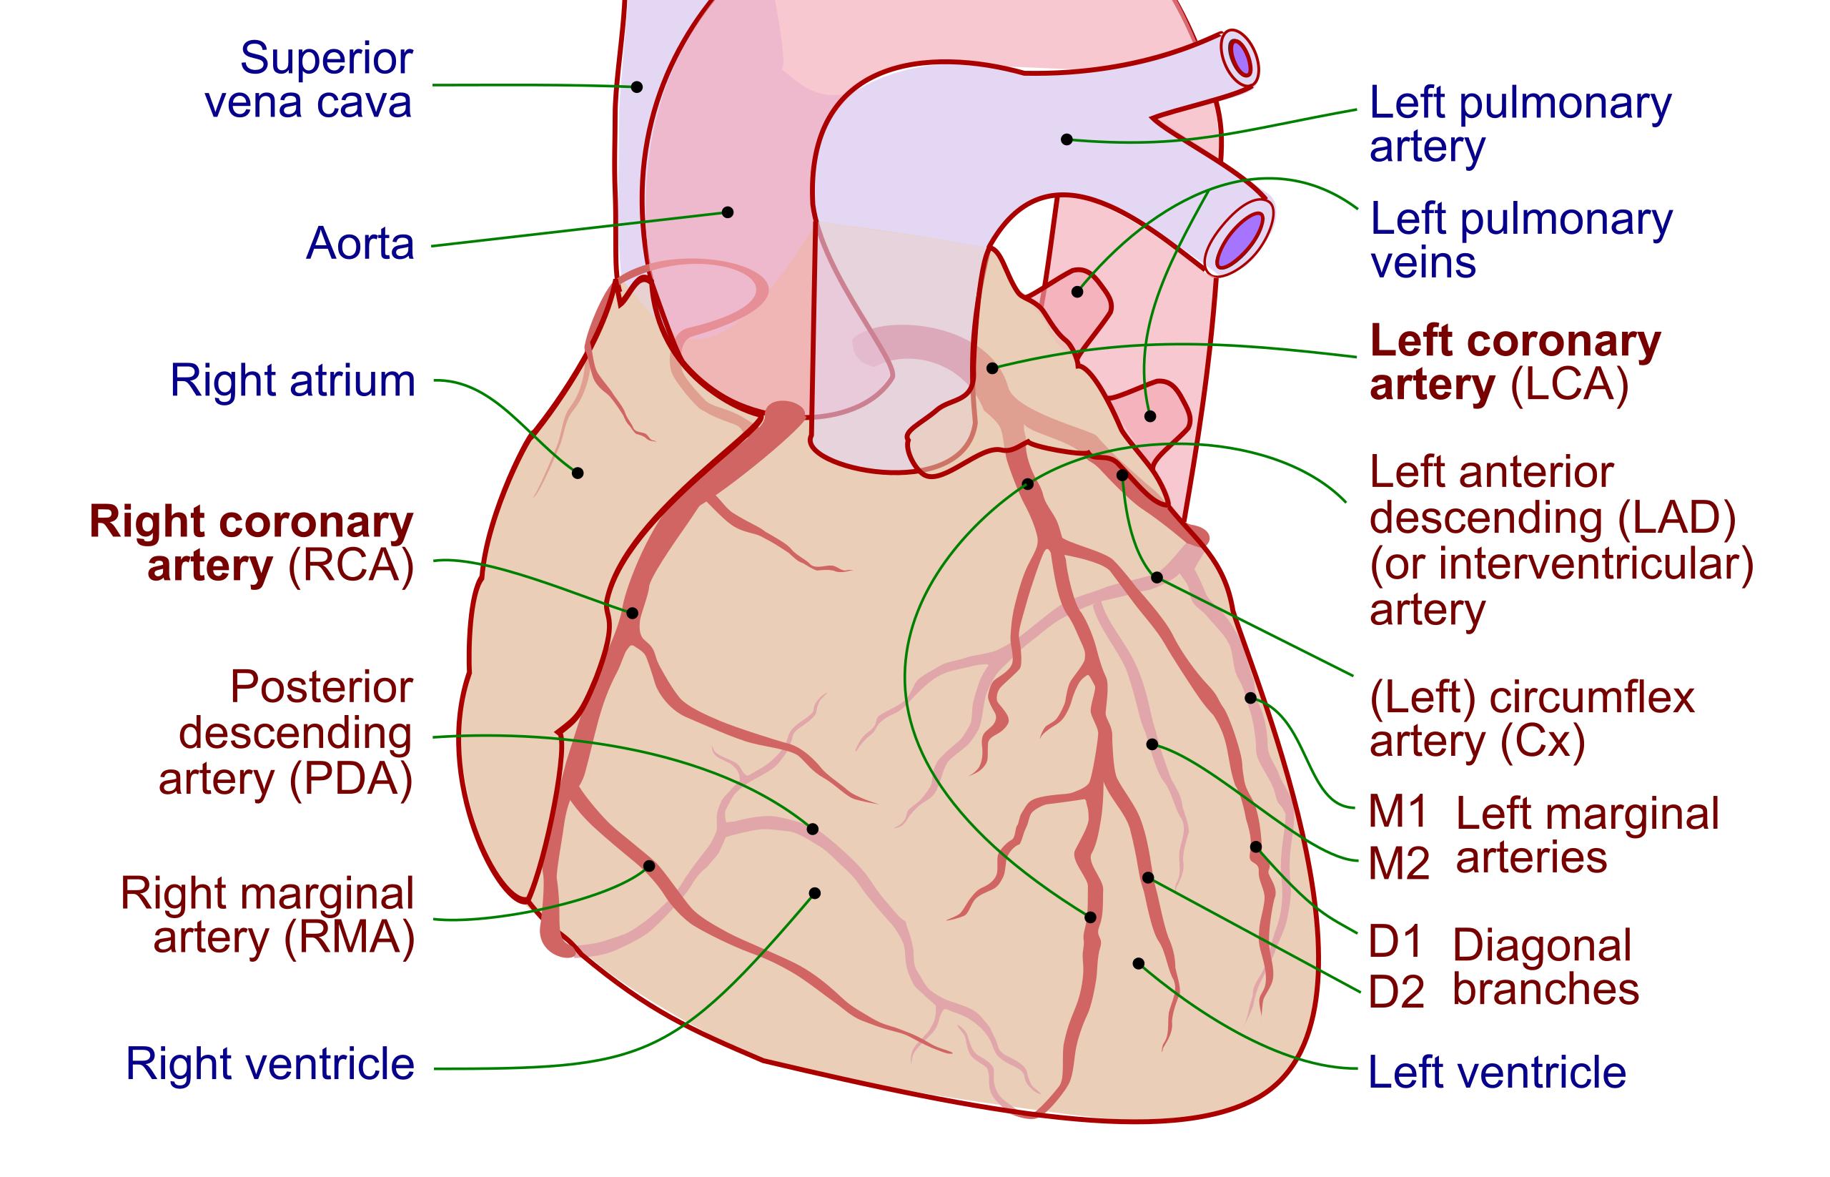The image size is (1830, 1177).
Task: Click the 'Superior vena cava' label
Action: [x=310, y=79]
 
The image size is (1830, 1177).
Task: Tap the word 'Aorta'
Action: [x=360, y=244]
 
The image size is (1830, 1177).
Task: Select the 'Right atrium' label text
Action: [x=292, y=380]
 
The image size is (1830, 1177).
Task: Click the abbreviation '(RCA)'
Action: [x=351, y=566]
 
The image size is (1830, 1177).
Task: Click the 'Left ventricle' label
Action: [x=1497, y=1072]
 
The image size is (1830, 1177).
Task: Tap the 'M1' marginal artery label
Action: [x=1398, y=812]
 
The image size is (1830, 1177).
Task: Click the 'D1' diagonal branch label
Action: [x=1395, y=942]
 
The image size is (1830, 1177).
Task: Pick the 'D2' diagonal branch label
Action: [x=1396, y=992]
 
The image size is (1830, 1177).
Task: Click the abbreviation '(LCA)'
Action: [x=1570, y=385]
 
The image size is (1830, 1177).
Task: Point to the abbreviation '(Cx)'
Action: [x=1543, y=742]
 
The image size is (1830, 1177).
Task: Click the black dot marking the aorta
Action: [x=728, y=212]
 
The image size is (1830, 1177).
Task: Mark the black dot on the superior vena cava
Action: [x=636, y=87]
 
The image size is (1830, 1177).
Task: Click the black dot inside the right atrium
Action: [x=578, y=473]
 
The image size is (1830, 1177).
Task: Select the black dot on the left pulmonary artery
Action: [x=1067, y=140]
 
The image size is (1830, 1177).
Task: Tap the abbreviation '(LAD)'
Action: [x=1676, y=518]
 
